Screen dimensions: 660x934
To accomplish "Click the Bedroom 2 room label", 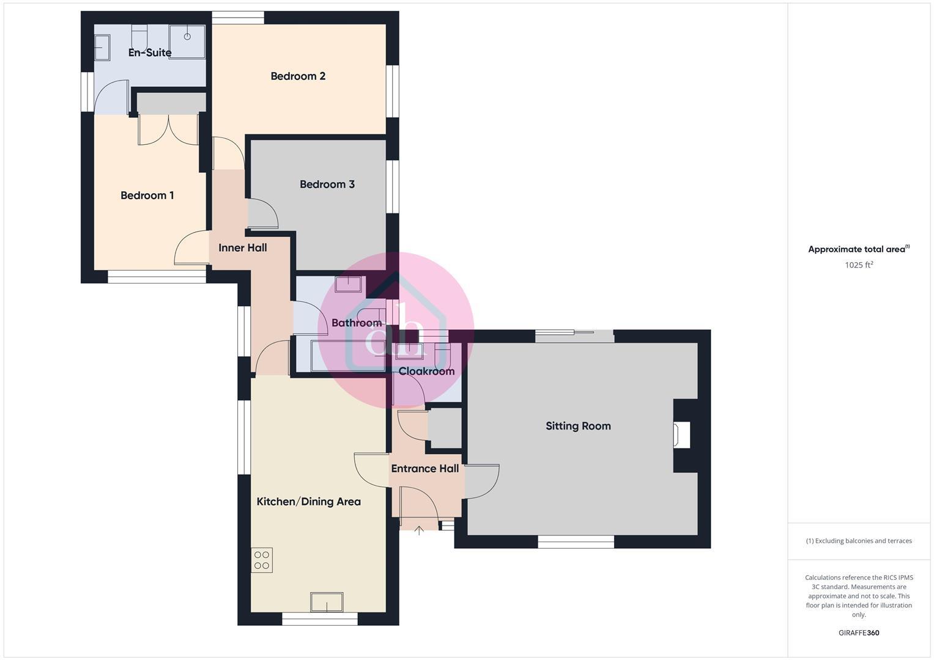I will [x=298, y=76].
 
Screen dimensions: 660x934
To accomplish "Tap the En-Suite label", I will [x=150, y=53].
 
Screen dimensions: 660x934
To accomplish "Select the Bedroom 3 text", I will [x=327, y=185].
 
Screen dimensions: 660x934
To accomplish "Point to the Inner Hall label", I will [x=243, y=248].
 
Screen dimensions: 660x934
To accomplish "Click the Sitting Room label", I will [x=578, y=426].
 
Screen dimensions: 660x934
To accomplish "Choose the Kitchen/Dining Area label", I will [x=308, y=502].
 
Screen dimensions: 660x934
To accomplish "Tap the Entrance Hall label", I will [x=424, y=469].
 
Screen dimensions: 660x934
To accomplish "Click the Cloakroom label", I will [x=426, y=371].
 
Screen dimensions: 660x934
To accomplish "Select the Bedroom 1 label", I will [x=147, y=196].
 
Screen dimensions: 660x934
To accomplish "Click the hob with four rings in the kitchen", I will [x=262, y=560].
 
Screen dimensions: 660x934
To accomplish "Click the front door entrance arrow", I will [x=419, y=530].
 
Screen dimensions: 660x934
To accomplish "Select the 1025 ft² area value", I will [x=859, y=265].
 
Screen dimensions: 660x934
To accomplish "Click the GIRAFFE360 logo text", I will [x=859, y=633].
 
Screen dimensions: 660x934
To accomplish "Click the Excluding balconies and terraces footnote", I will [x=859, y=541].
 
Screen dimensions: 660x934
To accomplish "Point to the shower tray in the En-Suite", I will [x=187, y=42].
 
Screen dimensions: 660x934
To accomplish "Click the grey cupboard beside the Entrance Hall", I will [x=445, y=428].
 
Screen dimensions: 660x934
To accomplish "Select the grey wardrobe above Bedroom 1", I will [x=171, y=103].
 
